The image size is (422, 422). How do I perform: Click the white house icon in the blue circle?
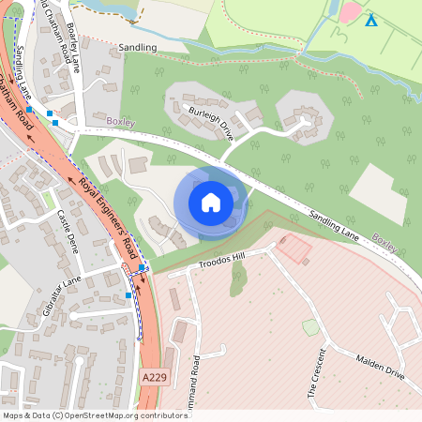click(211, 202)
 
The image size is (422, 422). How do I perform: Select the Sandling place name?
click(138, 45)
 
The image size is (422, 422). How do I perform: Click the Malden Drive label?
click(379, 367)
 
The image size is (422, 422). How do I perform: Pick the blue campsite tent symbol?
click(370, 21)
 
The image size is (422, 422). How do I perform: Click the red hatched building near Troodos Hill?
click(294, 248)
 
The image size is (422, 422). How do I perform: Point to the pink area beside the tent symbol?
click(349, 13)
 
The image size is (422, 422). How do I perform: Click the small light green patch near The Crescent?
click(310, 327)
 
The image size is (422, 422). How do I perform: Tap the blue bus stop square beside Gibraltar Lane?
click(128, 295)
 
